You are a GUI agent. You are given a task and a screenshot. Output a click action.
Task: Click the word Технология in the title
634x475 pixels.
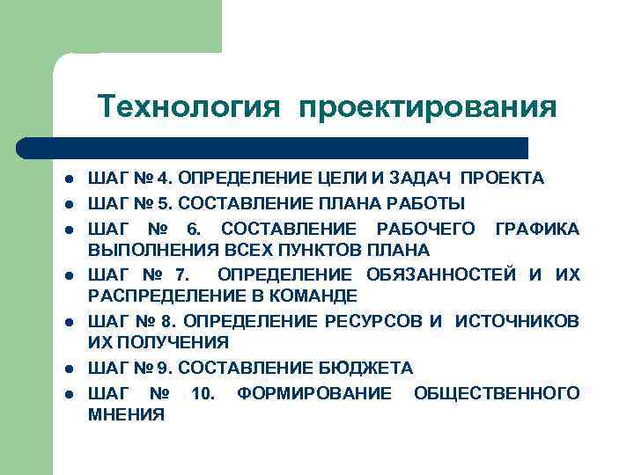(x=190, y=107)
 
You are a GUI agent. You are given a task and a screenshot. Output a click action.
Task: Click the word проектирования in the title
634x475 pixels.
(x=428, y=109)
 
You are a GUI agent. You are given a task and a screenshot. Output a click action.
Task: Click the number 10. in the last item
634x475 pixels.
(x=202, y=392)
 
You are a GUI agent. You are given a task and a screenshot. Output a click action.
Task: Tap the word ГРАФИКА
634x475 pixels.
(x=536, y=229)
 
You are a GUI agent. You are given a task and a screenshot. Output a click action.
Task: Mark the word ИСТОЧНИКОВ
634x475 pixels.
(x=517, y=321)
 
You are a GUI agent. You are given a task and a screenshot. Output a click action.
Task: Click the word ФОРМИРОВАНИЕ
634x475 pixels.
(x=314, y=392)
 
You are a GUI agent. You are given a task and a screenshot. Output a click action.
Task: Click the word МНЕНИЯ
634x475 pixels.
(x=126, y=414)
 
